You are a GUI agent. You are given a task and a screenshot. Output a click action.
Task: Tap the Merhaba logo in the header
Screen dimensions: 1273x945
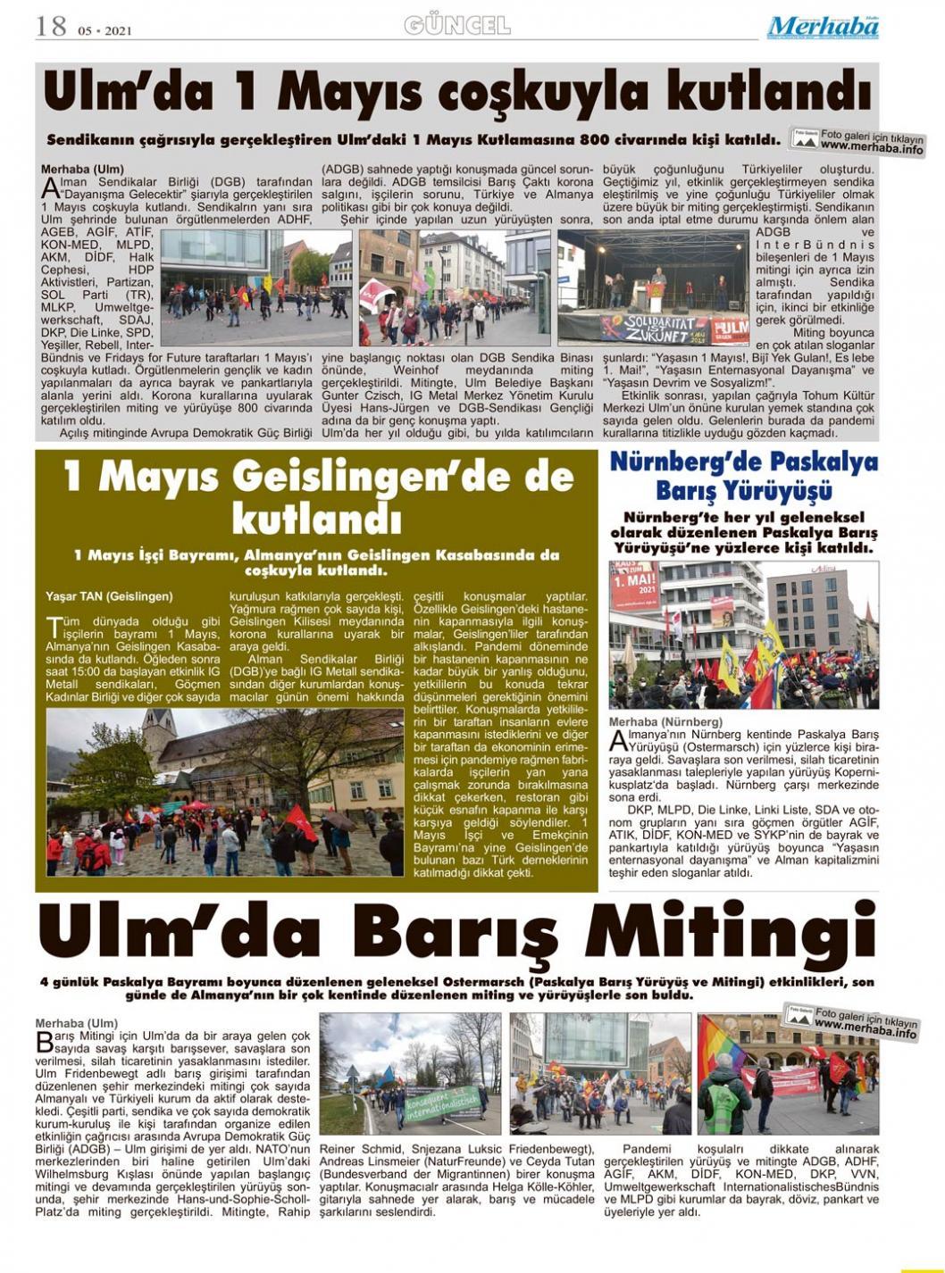823,27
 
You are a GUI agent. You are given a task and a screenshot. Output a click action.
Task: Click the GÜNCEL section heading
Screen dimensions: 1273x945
456,25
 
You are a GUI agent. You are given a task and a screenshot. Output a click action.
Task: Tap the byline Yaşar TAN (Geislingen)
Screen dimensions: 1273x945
109,596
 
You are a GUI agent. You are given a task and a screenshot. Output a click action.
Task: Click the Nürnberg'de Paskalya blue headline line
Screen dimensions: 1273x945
743,463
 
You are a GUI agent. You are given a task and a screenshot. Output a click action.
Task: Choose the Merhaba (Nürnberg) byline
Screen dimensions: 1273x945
665,721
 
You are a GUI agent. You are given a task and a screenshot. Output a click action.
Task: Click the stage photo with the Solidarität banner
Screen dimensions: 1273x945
653,287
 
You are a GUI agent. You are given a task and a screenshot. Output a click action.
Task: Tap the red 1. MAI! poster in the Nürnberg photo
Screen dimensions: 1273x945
635,588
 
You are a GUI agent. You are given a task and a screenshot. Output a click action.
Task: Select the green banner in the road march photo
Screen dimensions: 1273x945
442,1102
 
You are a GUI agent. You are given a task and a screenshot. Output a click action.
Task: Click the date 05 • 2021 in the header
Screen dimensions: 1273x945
105,30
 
